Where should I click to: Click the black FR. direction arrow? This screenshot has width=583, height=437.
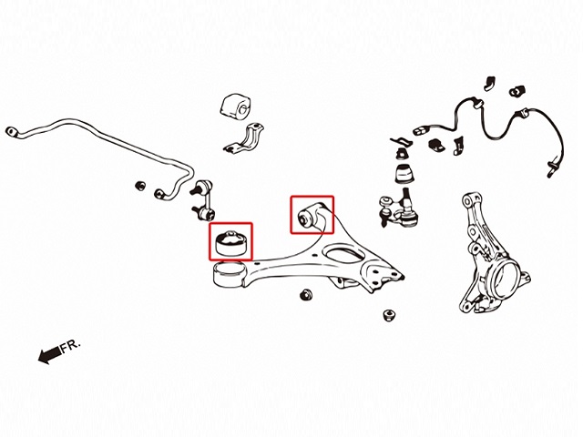tap(49, 354)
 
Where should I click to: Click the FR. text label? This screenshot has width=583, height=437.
tap(71, 346)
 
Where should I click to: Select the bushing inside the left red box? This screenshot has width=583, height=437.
tap(230, 243)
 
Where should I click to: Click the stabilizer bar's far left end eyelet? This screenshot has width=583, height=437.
tap(12, 131)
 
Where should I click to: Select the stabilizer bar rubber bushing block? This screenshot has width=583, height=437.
tap(236, 107)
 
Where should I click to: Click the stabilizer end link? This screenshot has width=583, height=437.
tap(202, 200)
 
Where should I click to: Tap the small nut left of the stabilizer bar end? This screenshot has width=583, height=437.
tap(140, 186)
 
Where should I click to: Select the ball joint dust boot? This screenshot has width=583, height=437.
tap(404, 174)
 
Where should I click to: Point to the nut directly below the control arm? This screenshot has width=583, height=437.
tap(306, 295)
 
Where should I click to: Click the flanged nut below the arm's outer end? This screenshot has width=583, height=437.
tap(389, 315)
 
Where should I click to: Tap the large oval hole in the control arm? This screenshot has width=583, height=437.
tap(343, 255)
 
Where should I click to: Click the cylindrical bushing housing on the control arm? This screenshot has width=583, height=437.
tap(229, 274)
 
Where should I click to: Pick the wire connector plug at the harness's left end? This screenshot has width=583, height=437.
tap(421, 131)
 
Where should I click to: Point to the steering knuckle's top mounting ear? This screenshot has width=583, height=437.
tap(469, 201)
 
